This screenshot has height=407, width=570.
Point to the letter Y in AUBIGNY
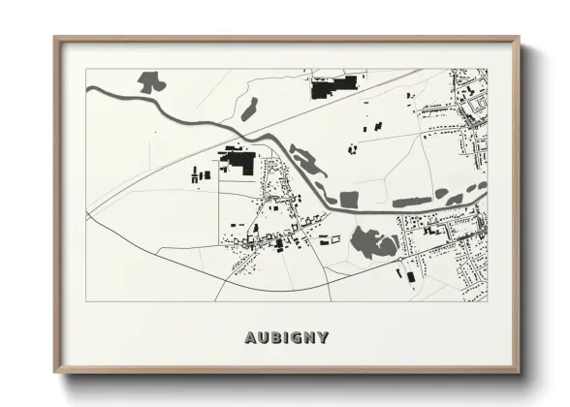pos(322,338)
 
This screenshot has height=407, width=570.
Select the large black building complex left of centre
pos(238,160)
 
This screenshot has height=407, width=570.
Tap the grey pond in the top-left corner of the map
pos(150,82)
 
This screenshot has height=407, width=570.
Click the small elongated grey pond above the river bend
pos(249,108)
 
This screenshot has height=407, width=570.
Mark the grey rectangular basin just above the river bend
pos(349,200)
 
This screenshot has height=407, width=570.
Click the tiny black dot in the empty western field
pos(154,132)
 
